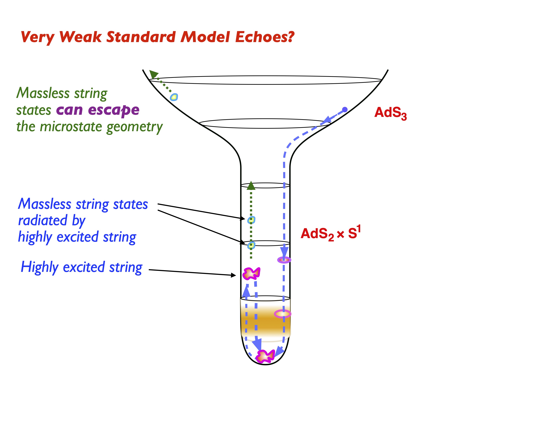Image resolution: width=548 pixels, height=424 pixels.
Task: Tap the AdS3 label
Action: point(390,113)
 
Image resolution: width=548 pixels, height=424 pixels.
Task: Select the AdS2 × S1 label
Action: point(331,234)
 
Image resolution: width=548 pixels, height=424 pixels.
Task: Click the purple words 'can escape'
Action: point(98,110)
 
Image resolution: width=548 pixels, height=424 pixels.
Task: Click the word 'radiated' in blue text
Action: point(43,220)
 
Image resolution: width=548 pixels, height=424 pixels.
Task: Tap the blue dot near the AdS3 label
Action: point(345,110)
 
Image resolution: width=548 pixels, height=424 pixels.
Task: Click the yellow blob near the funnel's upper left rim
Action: point(174,97)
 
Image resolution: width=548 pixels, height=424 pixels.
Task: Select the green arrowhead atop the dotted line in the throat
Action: point(251,186)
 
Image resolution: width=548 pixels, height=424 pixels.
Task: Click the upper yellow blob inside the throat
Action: point(251,220)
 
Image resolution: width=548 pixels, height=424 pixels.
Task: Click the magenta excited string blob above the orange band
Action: point(251,273)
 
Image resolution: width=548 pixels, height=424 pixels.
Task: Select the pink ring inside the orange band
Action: point(282,314)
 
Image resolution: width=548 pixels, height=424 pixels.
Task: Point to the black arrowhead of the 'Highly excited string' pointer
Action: point(233,275)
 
